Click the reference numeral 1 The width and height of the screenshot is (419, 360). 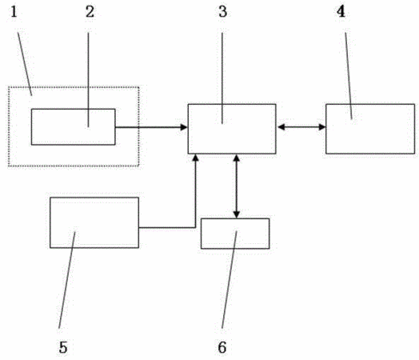(x=14, y=11)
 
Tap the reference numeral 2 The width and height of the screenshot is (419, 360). (x=90, y=11)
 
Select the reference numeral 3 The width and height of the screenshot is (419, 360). (x=223, y=11)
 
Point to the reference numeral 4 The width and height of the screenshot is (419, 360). (x=341, y=11)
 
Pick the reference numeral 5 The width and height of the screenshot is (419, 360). (x=63, y=347)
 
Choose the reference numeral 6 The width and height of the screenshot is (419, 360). (x=222, y=347)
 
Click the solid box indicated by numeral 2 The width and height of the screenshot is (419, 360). (x=74, y=127)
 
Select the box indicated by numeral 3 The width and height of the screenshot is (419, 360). (x=232, y=129)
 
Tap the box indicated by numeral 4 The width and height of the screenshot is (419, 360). (x=370, y=129)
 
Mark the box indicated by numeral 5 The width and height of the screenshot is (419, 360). (x=94, y=222)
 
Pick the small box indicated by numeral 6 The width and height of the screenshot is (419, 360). (x=235, y=234)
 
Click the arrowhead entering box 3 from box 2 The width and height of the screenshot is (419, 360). (x=184, y=127)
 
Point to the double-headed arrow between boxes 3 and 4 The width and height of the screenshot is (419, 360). (x=301, y=127)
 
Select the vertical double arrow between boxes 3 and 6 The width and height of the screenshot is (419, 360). (x=237, y=186)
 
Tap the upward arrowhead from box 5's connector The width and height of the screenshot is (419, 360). (x=196, y=158)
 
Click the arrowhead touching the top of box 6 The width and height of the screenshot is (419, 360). (x=237, y=215)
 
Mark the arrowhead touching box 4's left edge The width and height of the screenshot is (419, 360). (x=322, y=127)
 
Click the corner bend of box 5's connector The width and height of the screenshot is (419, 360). (x=195, y=228)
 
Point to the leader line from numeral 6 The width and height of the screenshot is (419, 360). (x=229, y=279)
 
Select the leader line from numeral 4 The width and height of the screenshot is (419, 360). (x=348, y=76)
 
